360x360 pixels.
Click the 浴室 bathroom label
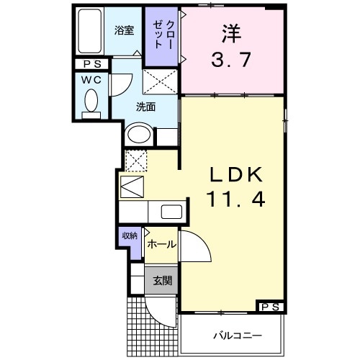(124, 30)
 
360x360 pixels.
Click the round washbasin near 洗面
(138, 135)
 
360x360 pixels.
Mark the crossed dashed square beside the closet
(160, 81)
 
